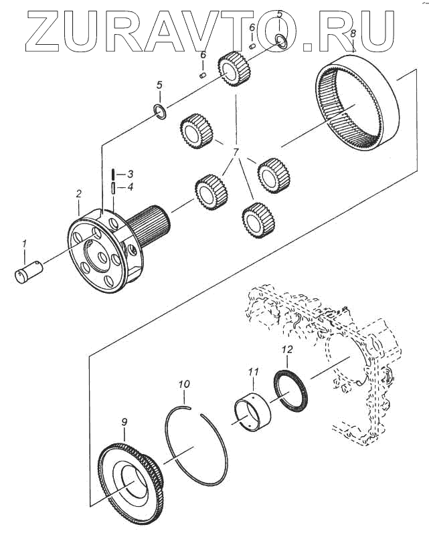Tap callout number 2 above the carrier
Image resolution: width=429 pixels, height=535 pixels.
pos(78,194)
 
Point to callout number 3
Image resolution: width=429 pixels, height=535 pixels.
pos(131,174)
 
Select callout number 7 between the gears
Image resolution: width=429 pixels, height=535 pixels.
pos(236,152)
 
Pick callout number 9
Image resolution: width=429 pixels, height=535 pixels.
pos(124,421)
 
